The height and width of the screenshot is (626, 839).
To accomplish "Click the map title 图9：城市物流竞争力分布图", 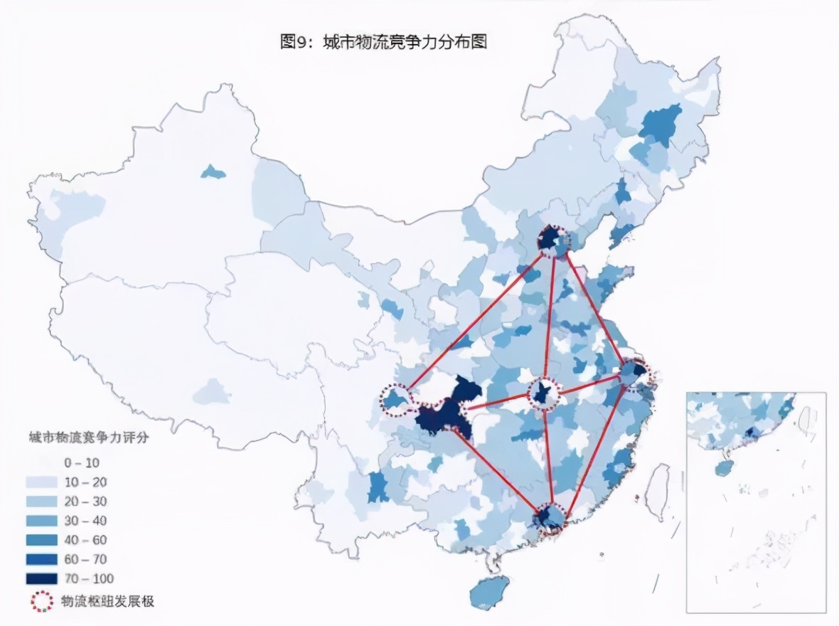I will (x=383, y=42).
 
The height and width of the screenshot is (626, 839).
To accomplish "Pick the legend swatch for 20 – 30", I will (x=41, y=502).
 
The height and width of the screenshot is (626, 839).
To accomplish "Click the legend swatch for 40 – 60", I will (x=41, y=540).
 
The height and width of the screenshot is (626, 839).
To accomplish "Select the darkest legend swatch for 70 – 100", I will (x=41, y=578).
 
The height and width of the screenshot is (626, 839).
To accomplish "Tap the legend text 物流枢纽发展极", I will (x=108, y=600).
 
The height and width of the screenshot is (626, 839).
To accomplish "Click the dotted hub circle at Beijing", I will (x=554, y=241).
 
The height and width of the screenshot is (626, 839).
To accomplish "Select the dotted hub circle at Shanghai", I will (x=634, y=373).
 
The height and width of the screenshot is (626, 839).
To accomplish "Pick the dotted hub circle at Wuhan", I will (x=544, y=393).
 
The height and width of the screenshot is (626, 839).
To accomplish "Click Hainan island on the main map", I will (x=490, y=590).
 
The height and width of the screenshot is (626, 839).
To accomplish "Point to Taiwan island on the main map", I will (x=658, y=491).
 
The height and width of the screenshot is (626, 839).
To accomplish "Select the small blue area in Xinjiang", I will (x=212, y=171).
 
